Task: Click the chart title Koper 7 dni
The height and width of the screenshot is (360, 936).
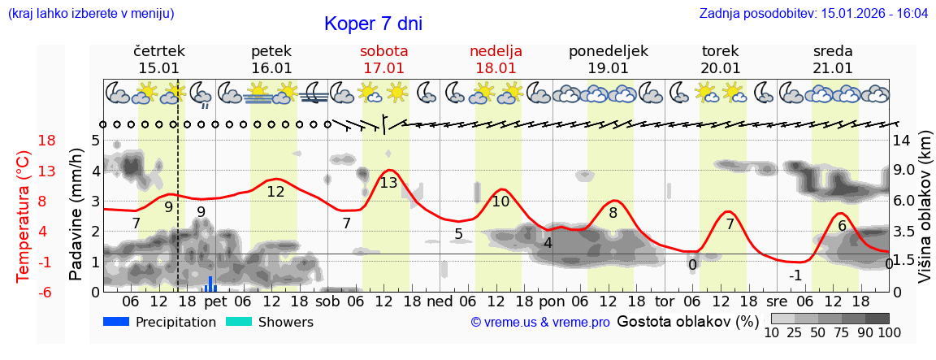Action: click(373, 24)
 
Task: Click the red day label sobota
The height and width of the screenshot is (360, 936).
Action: click(383, 51)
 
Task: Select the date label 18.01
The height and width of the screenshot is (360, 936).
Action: click(496, 68)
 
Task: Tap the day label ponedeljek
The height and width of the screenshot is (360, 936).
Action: click(608, 51)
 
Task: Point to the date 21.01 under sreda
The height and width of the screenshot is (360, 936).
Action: click(833, 68)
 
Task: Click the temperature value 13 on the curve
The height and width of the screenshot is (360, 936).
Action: click(388, 183)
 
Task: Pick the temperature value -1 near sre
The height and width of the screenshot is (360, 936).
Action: click(795, 275)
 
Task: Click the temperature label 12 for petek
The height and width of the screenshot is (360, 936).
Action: click(275, 192)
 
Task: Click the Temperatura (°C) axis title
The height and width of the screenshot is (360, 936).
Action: click(24, 216)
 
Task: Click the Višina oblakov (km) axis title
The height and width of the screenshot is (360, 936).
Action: click(925, 216)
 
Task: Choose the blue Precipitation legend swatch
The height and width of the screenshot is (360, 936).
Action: click(117, 322)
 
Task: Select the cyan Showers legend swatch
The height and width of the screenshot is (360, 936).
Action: click(239, 322)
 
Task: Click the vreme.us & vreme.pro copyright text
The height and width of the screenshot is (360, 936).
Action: click(540, 323)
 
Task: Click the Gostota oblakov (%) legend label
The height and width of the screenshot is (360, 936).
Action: click(687, 321)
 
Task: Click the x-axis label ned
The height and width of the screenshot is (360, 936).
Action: click(440, 302)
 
